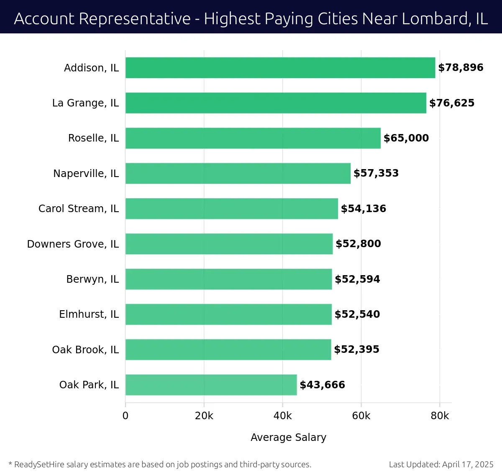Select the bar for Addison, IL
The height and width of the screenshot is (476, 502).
(x=280, y=68)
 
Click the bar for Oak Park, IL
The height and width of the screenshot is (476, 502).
(x=211, y=385)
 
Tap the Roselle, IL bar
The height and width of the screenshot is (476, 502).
(x=253, y=138)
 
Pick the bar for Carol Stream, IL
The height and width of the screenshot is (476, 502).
(x=232, y=208)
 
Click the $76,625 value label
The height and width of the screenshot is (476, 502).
(x=452, y=103)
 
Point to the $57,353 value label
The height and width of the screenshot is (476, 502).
(x=376, y=173)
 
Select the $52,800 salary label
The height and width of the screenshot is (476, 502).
(x=358, y=244)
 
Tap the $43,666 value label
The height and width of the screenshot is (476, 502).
(x=322, y=385)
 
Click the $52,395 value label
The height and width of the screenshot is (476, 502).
(x=356, y=349)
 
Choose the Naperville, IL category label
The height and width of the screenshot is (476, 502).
(x=86, y=173)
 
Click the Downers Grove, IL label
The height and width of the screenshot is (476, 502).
(x=73, y=244)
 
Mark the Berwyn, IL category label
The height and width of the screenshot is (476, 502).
(x=92, y=279)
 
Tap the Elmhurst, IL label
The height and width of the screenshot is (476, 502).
(x=89, y=314)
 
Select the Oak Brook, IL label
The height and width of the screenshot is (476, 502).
(x=85, y=349)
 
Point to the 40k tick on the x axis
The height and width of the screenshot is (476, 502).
(x=282, y=416)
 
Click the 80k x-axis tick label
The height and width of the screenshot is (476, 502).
(x=440, y=416)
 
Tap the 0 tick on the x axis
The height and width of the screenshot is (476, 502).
(x=125, y=416)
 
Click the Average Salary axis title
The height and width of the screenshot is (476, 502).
(x=288, y=437)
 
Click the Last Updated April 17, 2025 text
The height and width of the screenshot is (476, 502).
(x=441, y=464)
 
